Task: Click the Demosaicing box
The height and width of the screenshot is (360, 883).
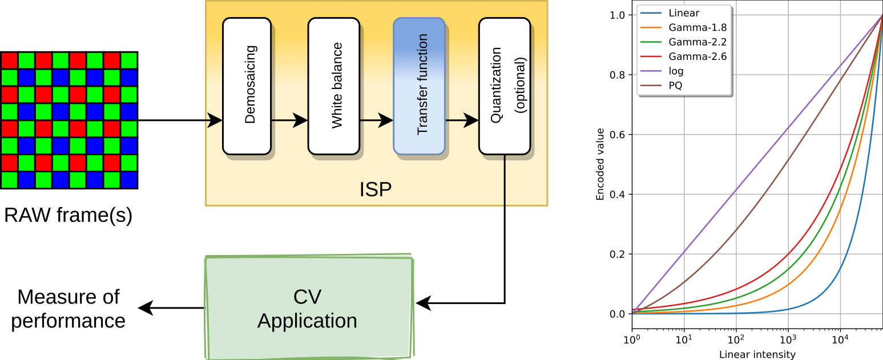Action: pos(247,86)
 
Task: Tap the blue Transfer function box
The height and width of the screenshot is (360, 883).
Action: pos(418,86)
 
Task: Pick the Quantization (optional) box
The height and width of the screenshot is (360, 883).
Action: pos(504,86)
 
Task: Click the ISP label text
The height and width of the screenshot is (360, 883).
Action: pos(376,189)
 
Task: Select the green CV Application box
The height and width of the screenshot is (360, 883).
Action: pos(308,309)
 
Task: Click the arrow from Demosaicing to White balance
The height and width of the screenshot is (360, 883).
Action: pos(289,120)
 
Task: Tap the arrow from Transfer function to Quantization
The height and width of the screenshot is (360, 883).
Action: pos(461,120)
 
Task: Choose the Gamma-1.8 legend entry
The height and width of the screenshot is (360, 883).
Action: pos(697,27)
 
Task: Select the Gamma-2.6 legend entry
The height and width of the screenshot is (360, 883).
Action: pos(697,56)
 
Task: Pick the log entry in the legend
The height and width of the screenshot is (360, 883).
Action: pos(676,71)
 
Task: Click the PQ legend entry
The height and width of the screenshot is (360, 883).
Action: pos(675,86)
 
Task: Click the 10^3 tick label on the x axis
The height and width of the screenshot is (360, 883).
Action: pos(788,341)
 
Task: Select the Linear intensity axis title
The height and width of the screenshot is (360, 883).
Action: pos(757,354)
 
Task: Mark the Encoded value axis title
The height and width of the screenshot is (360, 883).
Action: pos(600,164)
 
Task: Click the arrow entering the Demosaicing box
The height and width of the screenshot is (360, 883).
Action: pos(214,120)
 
